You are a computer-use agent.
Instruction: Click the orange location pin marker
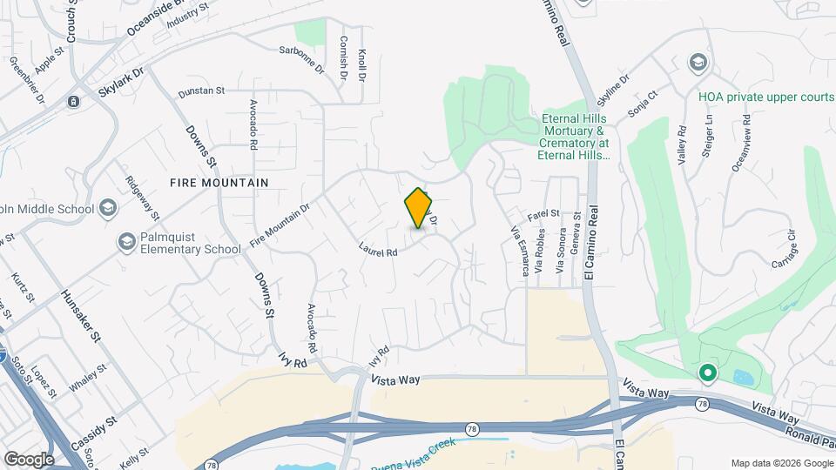pos(419,208)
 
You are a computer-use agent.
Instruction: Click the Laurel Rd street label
pos(378,249)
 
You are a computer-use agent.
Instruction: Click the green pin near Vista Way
pos(708,374)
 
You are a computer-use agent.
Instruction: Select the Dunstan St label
pos(201,91)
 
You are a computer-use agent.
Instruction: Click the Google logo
pos(29,459)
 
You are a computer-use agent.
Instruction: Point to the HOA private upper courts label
pos(765,97)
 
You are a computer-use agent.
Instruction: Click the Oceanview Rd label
pos(740,143)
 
